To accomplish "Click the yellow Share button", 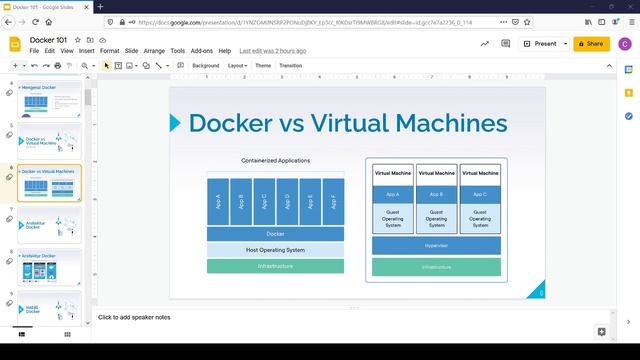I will tap(590, 43).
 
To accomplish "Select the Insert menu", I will tap(87, 50).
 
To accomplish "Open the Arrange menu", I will tap(154, 50).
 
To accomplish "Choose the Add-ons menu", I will tap(202, 50).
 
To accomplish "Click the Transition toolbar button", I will tap(290, 65).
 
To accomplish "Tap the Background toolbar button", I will tap(205, 65).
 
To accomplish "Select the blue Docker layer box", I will tap(275, 234).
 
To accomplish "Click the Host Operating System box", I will tap(275, 250).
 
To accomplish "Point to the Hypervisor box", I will tap(436, 245).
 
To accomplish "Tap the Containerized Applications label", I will tap(275, 160).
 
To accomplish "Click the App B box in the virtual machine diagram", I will tap(436, 194).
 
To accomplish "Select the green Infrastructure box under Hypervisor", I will tap(436, 267).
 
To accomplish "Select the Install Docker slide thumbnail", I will tap(50, 312).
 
